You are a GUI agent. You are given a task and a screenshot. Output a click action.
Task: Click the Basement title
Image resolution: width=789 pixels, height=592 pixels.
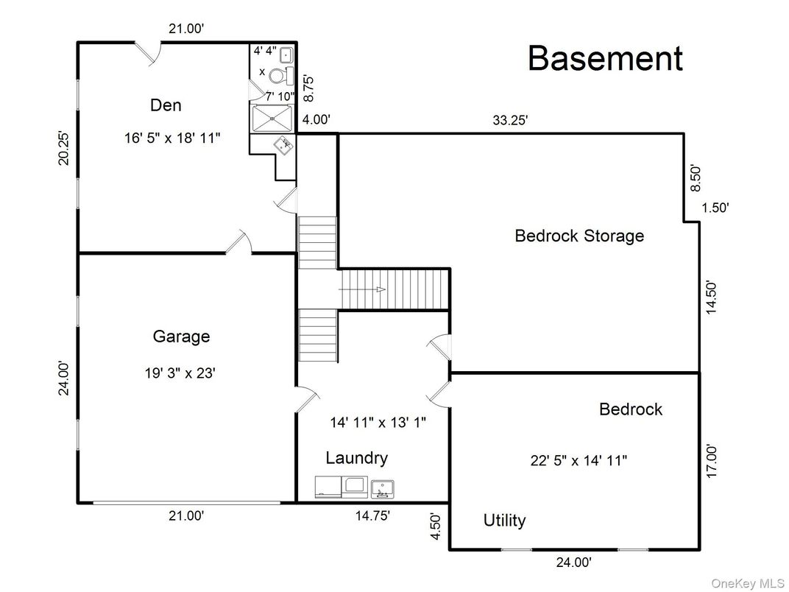tap(605, 59)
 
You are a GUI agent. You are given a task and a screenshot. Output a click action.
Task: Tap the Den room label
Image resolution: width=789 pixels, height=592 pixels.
tap(166, 105)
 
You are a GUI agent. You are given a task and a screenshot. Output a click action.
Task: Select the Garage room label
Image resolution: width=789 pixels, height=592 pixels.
tap(181, 336)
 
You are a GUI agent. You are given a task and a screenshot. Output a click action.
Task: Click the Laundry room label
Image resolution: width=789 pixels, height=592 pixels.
tap(356, 458)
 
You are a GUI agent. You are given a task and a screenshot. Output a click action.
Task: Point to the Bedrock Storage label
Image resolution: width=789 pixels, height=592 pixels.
tap(579, 236)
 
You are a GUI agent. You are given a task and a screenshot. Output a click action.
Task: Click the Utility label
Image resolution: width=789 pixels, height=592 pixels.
tap(504, 521)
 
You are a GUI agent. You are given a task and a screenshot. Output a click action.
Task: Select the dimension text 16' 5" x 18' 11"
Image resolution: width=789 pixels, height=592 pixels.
tap(172, 138)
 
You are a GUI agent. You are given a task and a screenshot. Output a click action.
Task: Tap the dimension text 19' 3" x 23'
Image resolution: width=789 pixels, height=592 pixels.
tap(180, 373)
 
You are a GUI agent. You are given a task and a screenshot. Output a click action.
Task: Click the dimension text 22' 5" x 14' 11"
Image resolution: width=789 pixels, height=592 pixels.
tap(579, 461)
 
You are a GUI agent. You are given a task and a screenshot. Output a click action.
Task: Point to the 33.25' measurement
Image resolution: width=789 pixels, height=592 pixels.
tap(510, 121)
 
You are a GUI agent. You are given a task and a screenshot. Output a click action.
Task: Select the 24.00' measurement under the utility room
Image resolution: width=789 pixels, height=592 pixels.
tap(573, 563)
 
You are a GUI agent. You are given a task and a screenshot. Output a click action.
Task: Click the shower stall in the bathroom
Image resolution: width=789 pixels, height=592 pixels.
tap(272, 117)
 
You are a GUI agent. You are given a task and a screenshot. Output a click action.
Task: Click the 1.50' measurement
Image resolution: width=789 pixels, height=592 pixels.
tap(715, 208)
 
